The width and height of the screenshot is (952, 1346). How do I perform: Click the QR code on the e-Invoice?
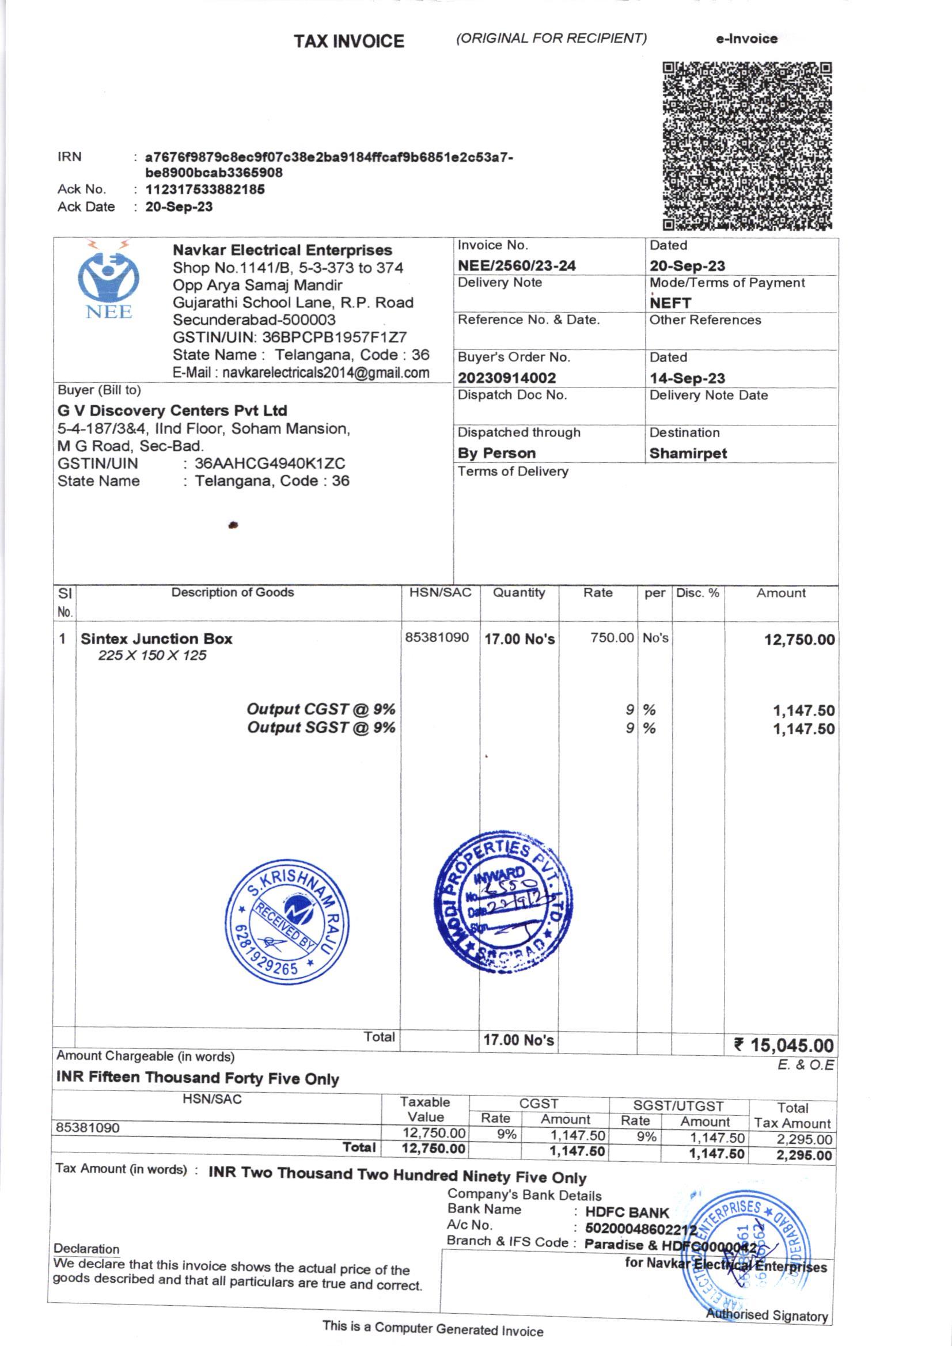click(x=747, y=146)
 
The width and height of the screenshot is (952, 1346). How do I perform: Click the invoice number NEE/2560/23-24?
click(x=516, y=265)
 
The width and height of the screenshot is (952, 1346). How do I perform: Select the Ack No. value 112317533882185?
click(x=204, y=189)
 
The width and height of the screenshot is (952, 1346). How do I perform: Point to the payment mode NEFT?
click(x=670, y=303)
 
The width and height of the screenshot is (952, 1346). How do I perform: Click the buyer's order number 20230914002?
click(x=506, y=378)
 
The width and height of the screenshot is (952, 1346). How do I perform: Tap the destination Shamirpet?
click(x=688, y=453)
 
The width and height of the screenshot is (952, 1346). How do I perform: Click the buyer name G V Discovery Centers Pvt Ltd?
click(x=172, y=410)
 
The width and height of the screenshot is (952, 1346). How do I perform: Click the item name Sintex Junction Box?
click(x=156, y=638)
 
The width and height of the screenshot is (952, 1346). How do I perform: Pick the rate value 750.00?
click(x=612, y=637)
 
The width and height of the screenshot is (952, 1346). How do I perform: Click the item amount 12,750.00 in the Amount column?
click(x=798, y=640)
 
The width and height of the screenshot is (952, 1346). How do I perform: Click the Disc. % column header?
click(x=697, y=592)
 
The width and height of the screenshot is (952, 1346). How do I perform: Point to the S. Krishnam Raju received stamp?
click(x=287, y=922)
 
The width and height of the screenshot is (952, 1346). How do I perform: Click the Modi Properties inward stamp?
click(x=503, y=901)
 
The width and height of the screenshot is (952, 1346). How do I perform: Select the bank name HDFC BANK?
click(x=627, y=1212)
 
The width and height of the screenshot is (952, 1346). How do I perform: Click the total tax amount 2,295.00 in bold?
click(x=803, y=1155)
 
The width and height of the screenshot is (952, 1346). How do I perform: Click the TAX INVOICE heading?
click(x=349, y=41)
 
